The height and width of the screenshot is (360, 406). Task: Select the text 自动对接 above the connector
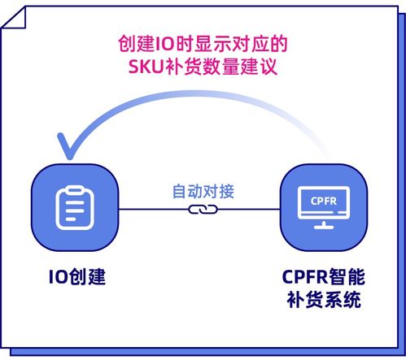click(203, 193)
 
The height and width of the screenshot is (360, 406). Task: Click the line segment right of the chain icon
click(252, 209)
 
